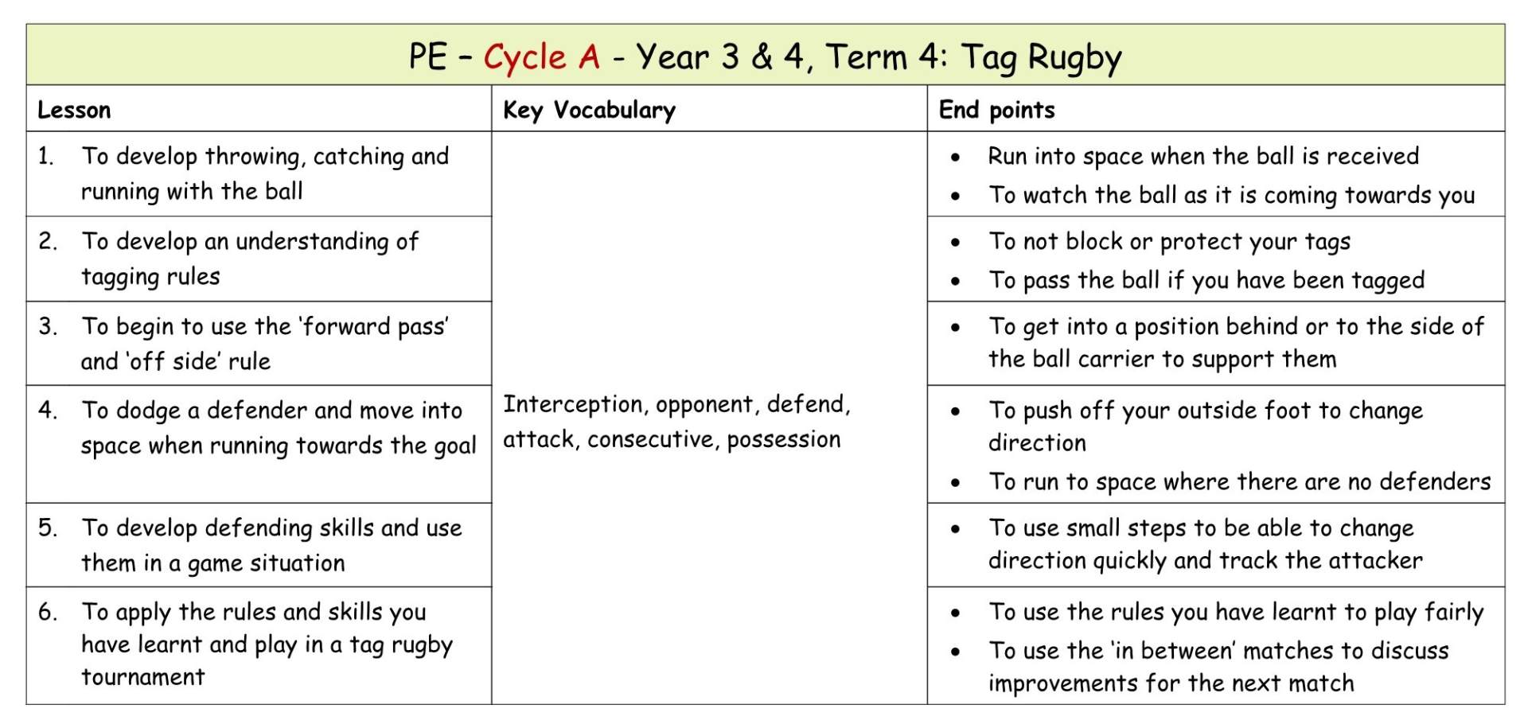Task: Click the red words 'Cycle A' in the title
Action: (541, 57)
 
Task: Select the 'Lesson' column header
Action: (74, 110)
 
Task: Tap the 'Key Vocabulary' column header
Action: (589, 110)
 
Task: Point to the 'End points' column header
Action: (996, 110)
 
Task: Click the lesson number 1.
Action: (46, 156)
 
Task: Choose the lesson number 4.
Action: (48, 411)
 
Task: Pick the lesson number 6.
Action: (48, 612)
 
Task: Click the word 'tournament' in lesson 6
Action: (143, 677)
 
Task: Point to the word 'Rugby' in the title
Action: (1074, 57)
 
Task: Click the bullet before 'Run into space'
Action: (955, 158)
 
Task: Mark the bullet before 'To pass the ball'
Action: (955, 281)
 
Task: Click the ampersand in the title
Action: (762, 57)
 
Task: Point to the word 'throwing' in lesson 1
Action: (254, 157)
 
